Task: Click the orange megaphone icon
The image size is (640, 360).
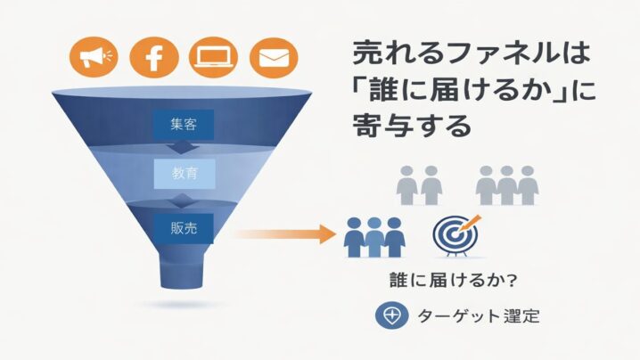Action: [x=94, y=59]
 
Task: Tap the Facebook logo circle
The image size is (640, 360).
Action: [x=154, y=59]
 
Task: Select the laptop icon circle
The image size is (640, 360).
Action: [x=215, y=59]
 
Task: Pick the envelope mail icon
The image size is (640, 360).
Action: [x=273, y=59]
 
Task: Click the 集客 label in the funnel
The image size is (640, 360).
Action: [x=183, y=124]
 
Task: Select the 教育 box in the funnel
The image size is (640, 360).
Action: [x=183, y=174]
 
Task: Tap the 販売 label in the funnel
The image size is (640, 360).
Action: [x=183, y=225]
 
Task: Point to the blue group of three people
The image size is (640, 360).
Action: [x=374, y=236]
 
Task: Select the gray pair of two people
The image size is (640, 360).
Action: [x=420, y=184]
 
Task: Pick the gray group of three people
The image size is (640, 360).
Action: [x=507, y=184]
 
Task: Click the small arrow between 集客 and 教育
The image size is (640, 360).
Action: [x=183, y=147]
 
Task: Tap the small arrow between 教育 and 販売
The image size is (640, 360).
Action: [x=183, y=198]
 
